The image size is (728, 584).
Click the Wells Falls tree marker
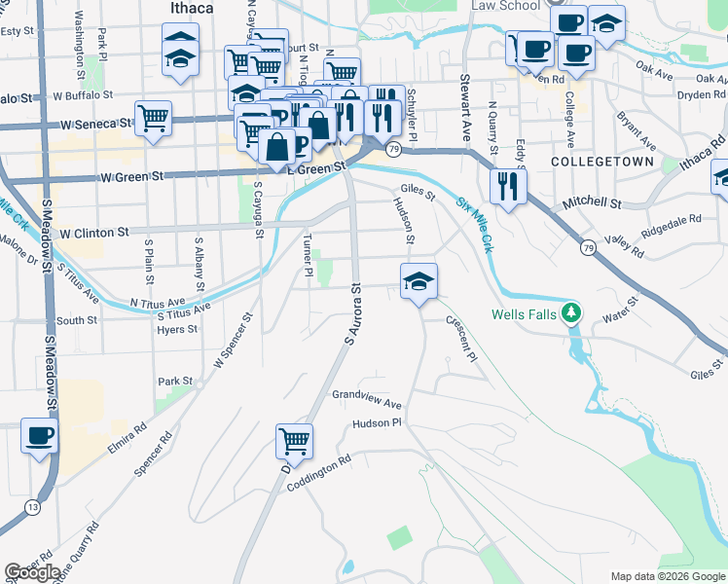(574, 312)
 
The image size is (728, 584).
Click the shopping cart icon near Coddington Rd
(294, 441)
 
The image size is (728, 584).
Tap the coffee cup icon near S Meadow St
(40, 436)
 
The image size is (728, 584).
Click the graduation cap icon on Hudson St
(419, 281)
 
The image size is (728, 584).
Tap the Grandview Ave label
(366, 400)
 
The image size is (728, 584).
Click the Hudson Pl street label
(378, 423)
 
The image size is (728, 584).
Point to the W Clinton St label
(94, 234)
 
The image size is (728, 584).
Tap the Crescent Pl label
(461, 337)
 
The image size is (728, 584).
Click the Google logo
(32, 572)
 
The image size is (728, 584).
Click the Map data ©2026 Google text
(667, 576)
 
